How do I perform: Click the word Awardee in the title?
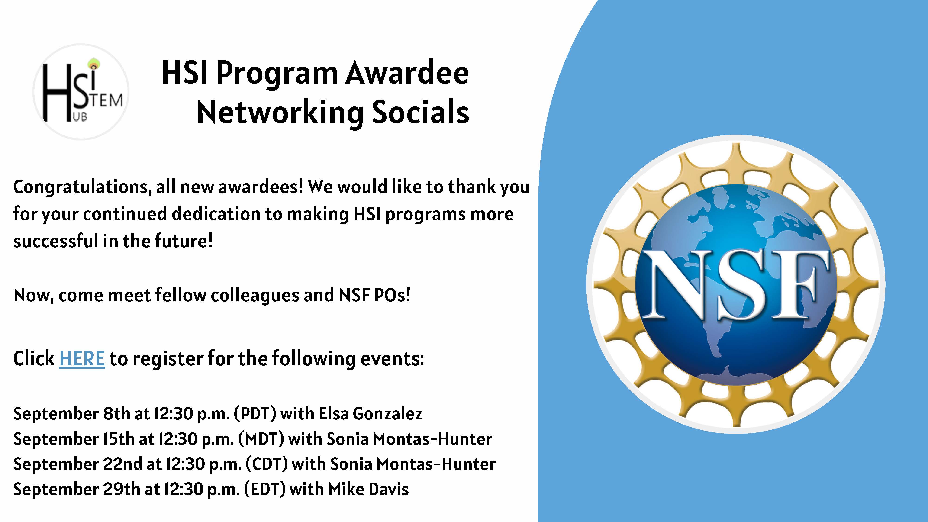pyautogui.click(x=407, y=74)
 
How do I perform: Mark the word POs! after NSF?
pyautogui.click(x=392, y=295)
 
